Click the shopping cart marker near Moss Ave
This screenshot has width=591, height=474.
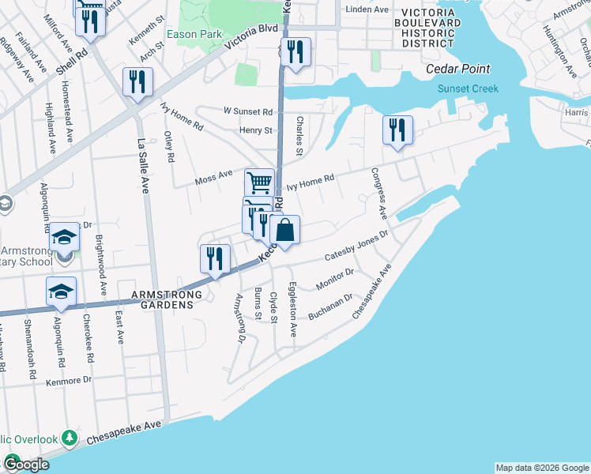click(259, 182)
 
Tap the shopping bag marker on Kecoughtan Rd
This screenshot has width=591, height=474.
click(285, 231)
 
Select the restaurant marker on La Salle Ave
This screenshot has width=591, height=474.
click(138, 81)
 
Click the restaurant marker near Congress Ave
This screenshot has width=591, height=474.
click(397, 130)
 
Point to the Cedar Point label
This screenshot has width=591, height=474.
click(457, 70)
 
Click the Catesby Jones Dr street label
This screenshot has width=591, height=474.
click(357, 246)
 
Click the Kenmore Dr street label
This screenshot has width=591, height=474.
click(70, 380)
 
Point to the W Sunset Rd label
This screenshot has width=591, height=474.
click(247, 112)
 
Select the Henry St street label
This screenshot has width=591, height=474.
click(256, 130)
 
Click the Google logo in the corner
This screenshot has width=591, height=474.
click(26, 465)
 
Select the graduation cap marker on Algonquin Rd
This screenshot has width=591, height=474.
click(61, 292)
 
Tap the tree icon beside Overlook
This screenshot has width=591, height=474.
click(70, 437)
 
